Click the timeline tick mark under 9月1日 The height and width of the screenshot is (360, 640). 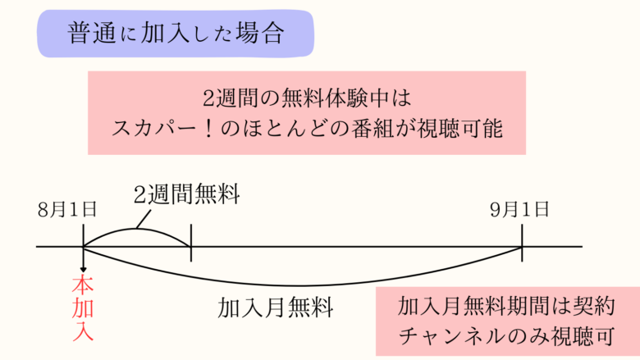(522, 246)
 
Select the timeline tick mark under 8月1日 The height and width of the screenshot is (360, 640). (84, 246)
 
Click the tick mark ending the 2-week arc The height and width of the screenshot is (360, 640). (190, 246)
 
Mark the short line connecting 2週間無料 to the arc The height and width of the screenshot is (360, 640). (144, 216)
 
